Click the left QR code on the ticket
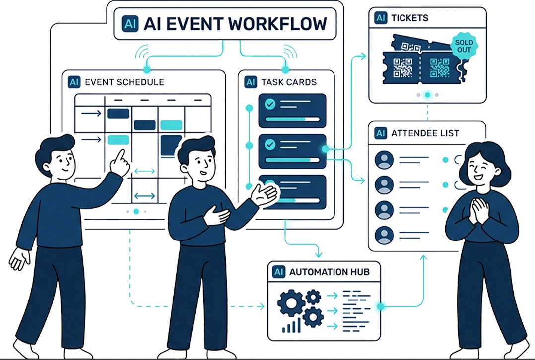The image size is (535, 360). (402, 67)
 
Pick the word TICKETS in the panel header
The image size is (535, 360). (409, 18)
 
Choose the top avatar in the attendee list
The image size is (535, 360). (384, 160)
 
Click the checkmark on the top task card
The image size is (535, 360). (270, 104)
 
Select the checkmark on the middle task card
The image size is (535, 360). (270, 144)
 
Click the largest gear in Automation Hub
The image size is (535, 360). (290, 303)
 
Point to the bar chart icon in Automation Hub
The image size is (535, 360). (291, 326)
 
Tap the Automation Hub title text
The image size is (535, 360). (326, 272)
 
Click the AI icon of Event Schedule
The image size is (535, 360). (74, 82)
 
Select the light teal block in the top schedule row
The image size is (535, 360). (171, 125)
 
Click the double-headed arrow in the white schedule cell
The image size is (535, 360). (144, 196)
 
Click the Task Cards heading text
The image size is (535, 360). (288, 82)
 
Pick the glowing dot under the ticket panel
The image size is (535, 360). (427, 94)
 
